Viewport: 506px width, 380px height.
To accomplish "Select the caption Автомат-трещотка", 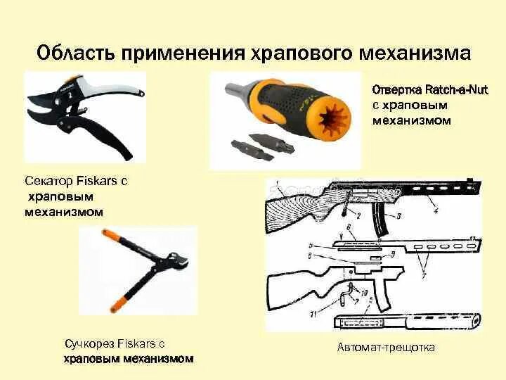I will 386,347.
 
